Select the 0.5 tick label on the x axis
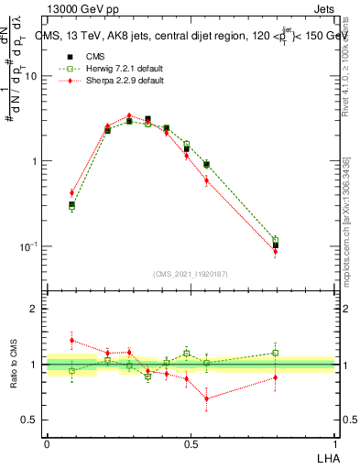(x=191, y=442)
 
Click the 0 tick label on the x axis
(x=47, y=442)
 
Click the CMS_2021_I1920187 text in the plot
(x=191, y=273)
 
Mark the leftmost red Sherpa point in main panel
(x=71, y=192)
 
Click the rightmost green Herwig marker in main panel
(x=276, y=240)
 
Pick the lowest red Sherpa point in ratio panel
(x=206, y=398)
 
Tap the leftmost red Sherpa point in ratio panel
(x=71, y=340)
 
